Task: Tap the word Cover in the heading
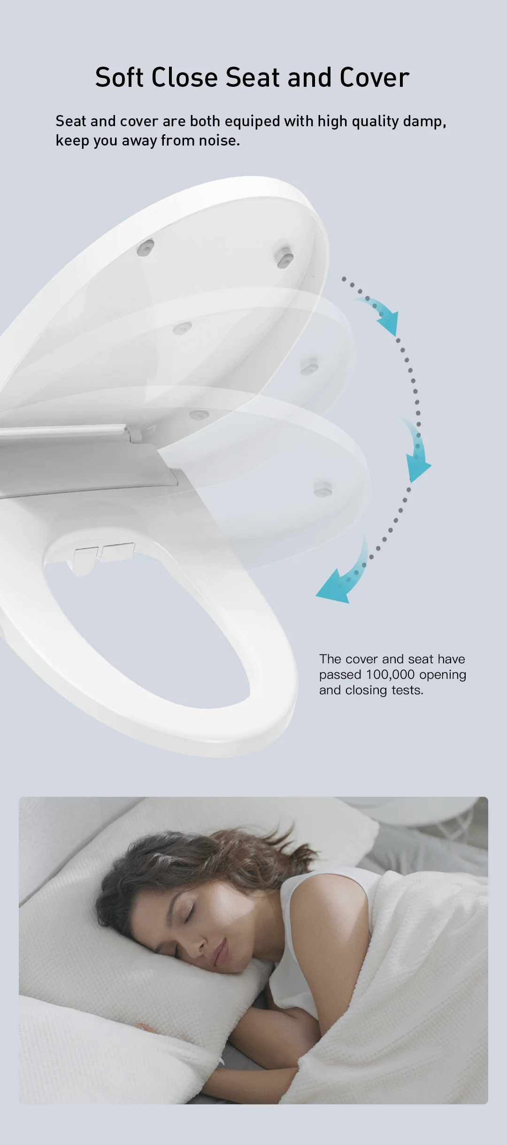click(x=374, y=77)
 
